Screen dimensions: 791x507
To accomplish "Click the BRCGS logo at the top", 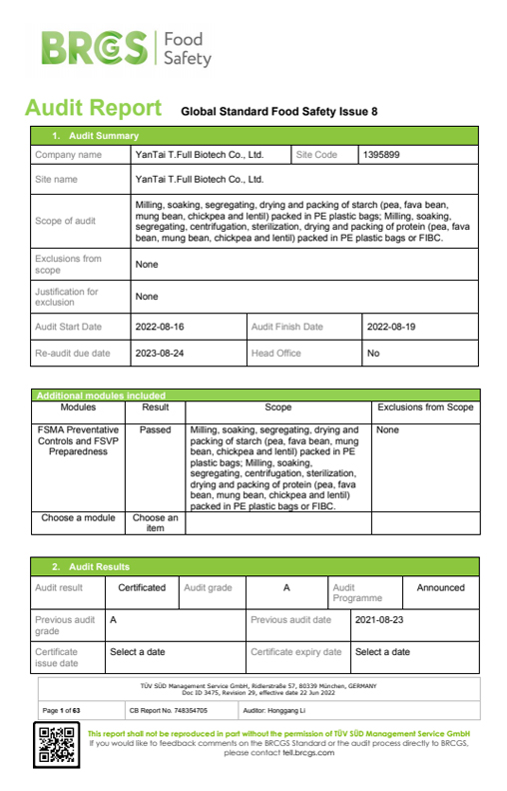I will pos(126,49).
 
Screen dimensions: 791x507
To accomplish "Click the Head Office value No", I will pos(373,353).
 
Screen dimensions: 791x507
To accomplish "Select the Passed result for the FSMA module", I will pos(155,428).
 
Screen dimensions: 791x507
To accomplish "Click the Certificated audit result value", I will pos(142,587).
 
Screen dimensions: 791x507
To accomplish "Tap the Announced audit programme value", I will pos(440,587).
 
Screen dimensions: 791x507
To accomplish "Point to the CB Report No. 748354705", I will pos(169,710).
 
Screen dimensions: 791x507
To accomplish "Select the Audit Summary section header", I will pos(96,136).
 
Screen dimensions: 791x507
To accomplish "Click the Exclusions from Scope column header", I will pos(425,407).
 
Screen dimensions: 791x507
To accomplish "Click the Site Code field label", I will pos(317,155).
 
